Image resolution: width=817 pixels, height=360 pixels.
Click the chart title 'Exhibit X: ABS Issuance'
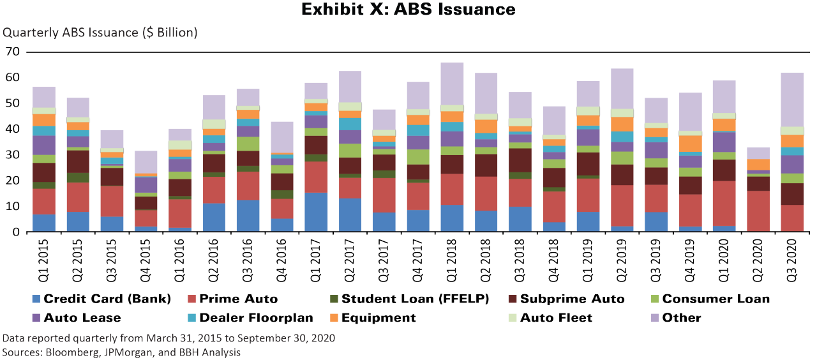[408, 10]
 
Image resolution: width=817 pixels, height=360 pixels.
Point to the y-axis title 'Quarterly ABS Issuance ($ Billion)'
[101, 32]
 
